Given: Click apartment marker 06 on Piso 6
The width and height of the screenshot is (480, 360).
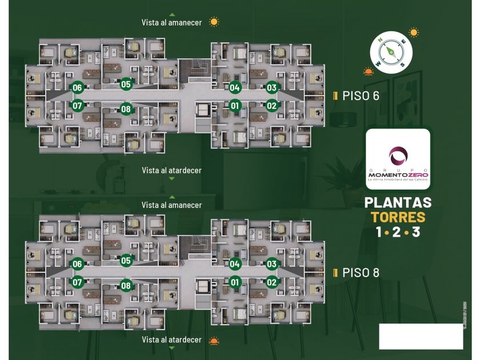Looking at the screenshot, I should point(77,88).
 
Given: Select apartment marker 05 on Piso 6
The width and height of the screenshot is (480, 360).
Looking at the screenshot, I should point(126,85).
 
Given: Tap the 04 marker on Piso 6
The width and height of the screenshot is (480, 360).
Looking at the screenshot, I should point(234,88).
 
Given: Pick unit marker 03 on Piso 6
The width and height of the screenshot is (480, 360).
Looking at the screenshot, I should point(271,88).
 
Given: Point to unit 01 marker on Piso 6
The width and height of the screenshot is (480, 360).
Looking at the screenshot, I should point(234,105).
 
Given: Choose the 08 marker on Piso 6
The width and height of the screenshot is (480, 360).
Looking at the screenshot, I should point(126,109).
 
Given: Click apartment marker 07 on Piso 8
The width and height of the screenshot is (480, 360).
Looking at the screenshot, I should point(77,282).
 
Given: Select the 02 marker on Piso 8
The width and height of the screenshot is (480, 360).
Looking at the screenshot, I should point(271,282).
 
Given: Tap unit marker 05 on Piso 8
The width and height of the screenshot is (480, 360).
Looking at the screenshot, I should point(126,261).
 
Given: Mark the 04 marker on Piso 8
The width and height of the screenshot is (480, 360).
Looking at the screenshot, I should point(234,264).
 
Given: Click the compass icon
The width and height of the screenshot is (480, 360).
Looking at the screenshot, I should point(391,51).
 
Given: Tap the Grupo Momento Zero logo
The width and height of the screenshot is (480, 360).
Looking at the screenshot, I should point(398,159).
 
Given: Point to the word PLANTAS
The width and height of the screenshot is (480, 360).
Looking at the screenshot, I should point(398,202).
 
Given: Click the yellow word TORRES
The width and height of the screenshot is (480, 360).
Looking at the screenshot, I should point(398,217).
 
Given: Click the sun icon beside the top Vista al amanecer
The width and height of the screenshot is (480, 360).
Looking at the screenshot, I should point(214,22).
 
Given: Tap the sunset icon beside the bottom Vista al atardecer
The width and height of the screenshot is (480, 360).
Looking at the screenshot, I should point(214,341).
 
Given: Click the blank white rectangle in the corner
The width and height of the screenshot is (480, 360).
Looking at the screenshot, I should point(421,336).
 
